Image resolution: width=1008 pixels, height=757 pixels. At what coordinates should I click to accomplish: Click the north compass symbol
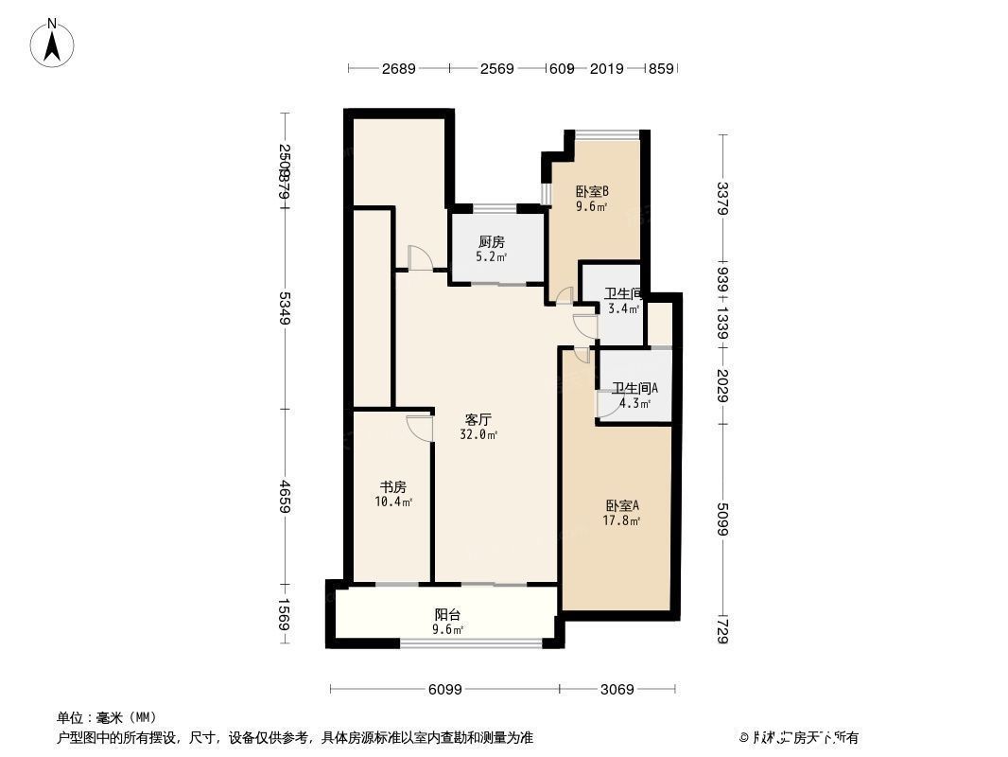pos(53,43)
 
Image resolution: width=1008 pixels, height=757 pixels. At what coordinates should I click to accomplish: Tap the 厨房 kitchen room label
pos(492,242)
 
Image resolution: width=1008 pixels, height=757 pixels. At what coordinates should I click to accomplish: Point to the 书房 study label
pos(392,487)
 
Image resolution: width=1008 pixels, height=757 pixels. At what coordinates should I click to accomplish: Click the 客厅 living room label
pos(478,419)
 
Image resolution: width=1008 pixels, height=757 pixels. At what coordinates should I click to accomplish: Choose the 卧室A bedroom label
pos(622,505)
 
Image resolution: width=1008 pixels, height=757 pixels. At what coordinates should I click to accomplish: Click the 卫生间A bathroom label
pos(634,388)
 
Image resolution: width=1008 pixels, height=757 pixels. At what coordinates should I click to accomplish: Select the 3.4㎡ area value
pos(623,308)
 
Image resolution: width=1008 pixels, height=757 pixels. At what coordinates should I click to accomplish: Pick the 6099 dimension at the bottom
pos(443,690)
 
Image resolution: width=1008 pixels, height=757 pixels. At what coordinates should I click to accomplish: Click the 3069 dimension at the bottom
pos(617,690)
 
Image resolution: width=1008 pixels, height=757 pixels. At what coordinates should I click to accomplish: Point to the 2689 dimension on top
pos(398,68)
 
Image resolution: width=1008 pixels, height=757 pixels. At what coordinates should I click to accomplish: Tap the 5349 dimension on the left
pos(285,308)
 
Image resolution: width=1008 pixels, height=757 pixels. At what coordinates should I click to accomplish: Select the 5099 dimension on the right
pos(723,518)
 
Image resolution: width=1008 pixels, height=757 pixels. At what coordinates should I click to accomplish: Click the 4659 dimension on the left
pos(285,496)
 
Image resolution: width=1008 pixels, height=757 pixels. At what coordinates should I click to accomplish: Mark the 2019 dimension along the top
pos(608,68)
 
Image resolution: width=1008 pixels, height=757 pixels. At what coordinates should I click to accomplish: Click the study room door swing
pos(419,427)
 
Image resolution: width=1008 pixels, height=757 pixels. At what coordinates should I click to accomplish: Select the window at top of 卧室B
pos(606,134)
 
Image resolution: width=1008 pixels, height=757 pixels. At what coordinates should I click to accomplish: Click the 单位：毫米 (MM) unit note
pos(107,717)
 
